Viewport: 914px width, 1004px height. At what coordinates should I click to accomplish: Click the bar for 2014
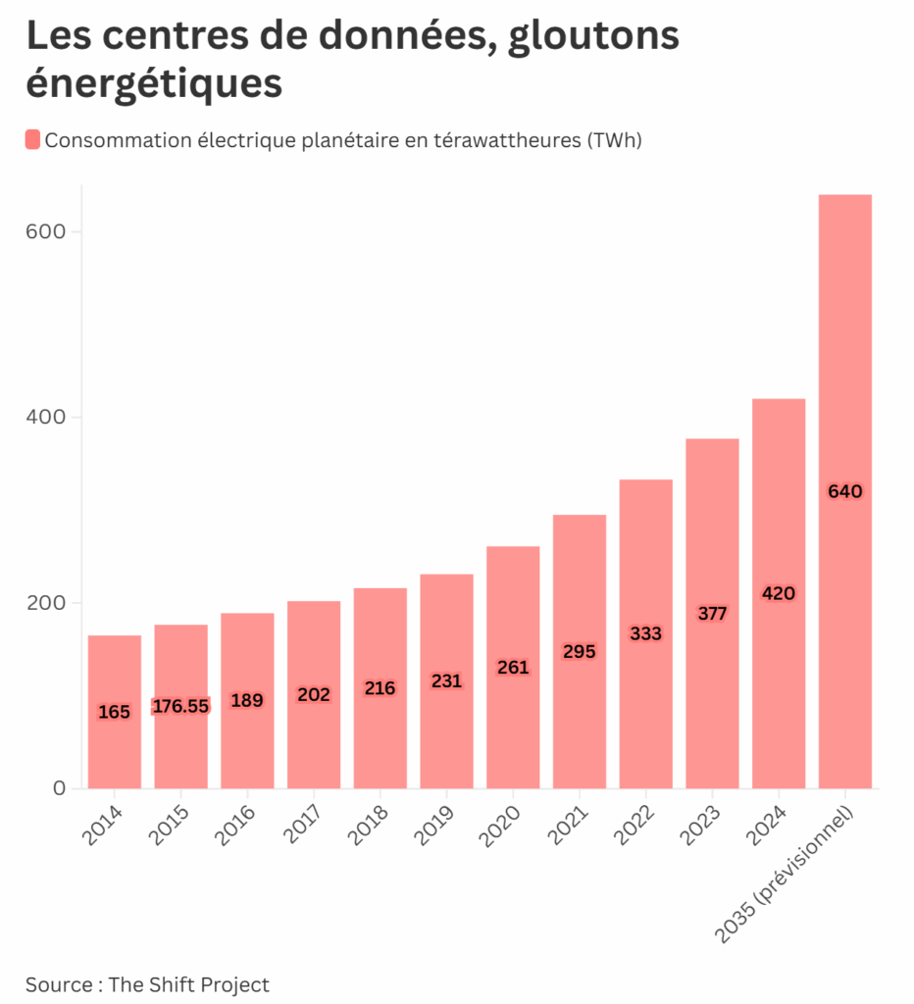click(x=115, y=712)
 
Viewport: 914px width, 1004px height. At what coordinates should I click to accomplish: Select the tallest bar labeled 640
click(x=845, y=490)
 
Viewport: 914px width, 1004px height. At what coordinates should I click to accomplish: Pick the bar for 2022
click(x=646, y=633)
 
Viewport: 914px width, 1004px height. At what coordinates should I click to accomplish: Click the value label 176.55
click(x=181, y=706)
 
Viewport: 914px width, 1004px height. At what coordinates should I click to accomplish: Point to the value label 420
click(x=779, y=593)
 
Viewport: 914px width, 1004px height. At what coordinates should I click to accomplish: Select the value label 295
click(x=580, y=651)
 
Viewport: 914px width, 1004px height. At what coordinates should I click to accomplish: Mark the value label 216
click(x=380, y=688)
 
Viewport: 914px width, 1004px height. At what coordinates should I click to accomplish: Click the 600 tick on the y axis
click(x=46, y=231)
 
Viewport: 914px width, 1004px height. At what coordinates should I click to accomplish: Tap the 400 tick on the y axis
click(x=46, y=417)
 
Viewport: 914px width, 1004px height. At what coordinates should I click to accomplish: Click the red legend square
click(x=32, y=139)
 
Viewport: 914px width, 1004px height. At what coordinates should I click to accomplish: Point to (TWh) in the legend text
click(x=615, y=140)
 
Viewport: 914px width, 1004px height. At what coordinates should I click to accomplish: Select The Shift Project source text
click(x=188, y=983)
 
